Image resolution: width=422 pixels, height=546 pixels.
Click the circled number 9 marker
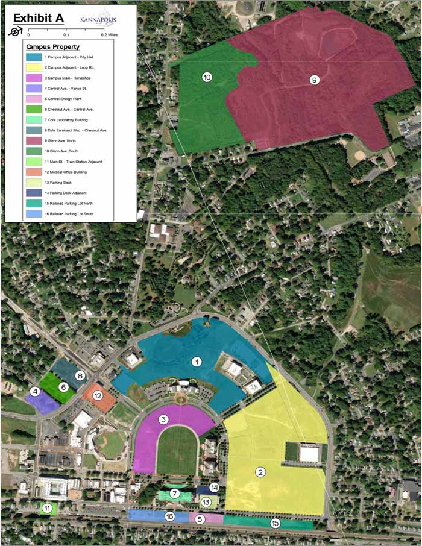(x=314, y=80)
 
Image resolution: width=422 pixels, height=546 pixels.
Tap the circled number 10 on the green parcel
(x=207, y=78)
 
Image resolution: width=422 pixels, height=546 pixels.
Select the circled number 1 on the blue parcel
(x=196, y=362)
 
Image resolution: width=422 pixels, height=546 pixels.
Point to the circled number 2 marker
(x=261, y=472)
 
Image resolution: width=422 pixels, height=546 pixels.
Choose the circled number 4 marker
(x=34, y=392)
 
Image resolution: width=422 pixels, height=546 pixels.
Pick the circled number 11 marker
(x=46, y=509)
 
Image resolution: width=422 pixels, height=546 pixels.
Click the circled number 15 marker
(x=276, y=523)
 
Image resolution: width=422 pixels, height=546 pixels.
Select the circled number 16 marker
(x=170, y=516)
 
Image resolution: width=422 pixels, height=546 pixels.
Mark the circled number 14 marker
(x=213, y=488)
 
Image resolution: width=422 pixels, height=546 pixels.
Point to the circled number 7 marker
(x=174, y=494)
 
